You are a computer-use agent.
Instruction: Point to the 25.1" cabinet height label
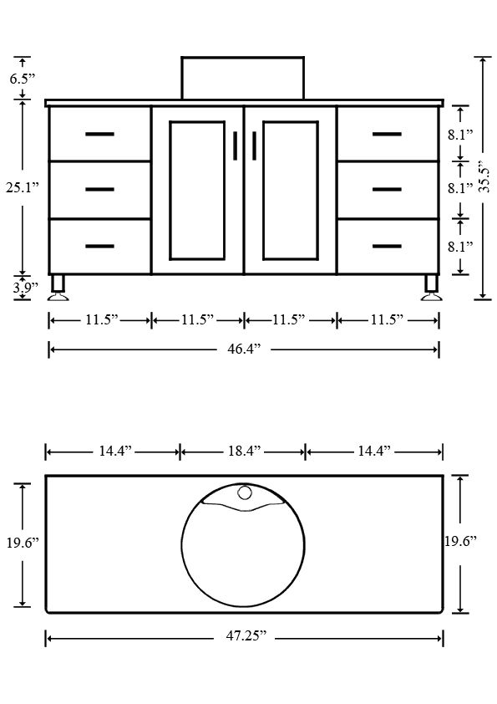[x=19, y=188]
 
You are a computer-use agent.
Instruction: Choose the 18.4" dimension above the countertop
[x=243, y=451]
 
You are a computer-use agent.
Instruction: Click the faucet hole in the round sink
[x=244, y=492]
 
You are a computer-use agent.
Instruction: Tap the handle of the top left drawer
[x=99, y=134]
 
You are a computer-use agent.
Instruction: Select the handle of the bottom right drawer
[x=388, y=247]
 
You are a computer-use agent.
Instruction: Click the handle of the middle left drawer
[x=99, y=190]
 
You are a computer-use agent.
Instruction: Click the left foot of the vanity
[x=58, y=286]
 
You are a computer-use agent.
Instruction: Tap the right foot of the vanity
[x=431, y=286]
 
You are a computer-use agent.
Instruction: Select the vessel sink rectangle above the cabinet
[x=242, y=78]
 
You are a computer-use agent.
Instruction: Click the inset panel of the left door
[x=198, y=190]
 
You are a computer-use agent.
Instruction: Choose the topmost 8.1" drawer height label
[x=460, y=134]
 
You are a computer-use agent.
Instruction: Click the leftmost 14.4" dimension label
[x=112, y=451]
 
